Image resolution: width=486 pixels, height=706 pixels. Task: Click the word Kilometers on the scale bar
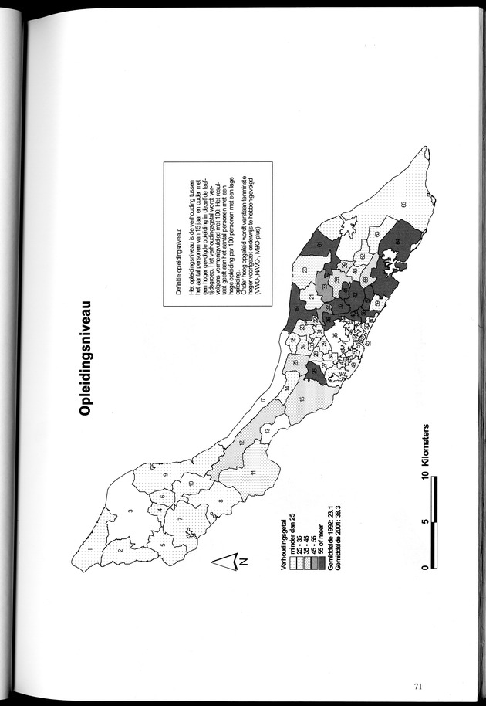click(x=427, y=455)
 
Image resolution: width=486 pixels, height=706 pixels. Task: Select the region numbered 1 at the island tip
click(x=90, y=550)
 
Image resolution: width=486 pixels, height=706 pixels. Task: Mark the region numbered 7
click(x=179, y=520)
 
